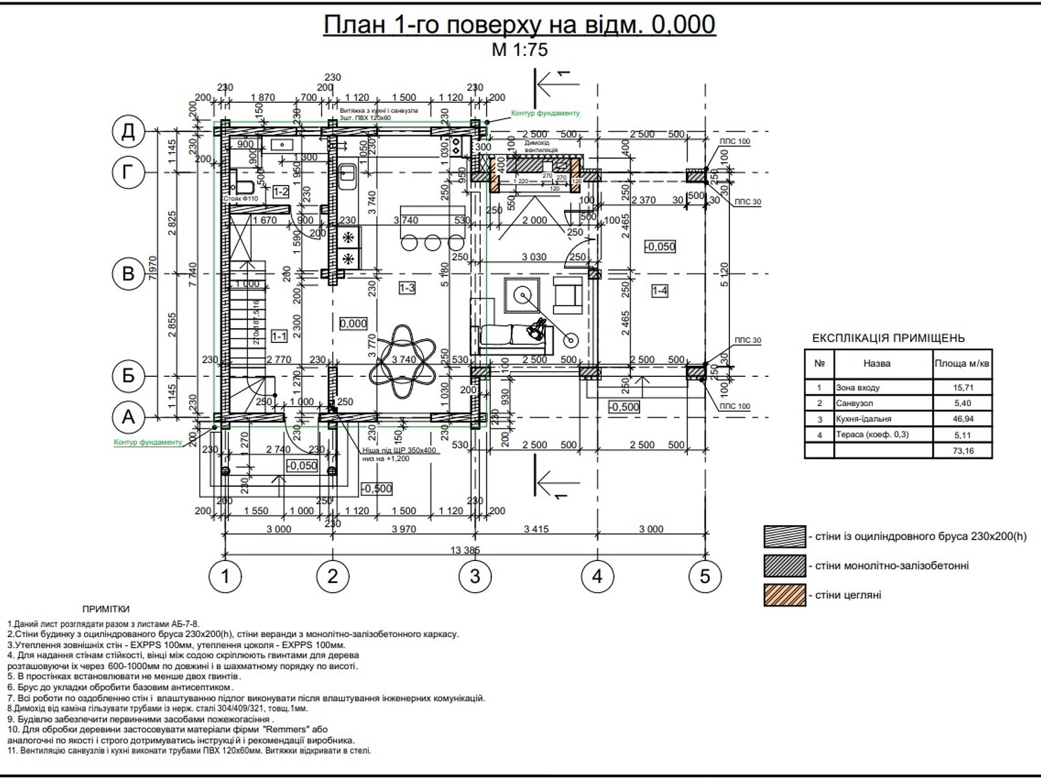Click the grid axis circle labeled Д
tap(129, 132)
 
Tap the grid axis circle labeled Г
tap(129, 172)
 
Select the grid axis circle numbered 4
tap(597, 576)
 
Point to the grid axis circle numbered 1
tap(226, 576)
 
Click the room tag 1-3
tap(407, 288)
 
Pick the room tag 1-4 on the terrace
tap(660, 291)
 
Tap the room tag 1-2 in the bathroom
tap(280, 191)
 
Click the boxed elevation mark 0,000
tap(353, 323)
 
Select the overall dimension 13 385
tap(465, 550)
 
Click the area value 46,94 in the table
tap(962, 419)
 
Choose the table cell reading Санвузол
tap(854, 404)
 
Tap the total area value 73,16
tap(962, 450)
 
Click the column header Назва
tap(877, 364)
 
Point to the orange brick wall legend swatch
tap(785, 595)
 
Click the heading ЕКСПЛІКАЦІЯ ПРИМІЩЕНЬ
tap(889, 338)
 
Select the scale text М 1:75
tap(520, 50)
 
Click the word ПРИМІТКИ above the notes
tap(106, 609)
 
